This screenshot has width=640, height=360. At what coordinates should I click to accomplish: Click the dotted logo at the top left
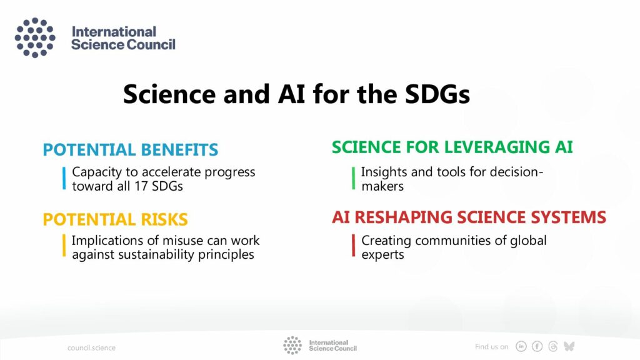tap(35, 37)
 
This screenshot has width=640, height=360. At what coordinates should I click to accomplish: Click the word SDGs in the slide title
tap(437, 94)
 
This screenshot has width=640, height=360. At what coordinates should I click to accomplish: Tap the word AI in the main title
tap(291, 94)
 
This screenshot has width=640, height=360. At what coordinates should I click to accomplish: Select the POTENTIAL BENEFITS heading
tap(131, 150)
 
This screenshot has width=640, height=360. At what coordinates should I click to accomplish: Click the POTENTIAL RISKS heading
tap(115, 219)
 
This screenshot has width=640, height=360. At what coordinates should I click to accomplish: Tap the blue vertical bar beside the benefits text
tap(64, 178)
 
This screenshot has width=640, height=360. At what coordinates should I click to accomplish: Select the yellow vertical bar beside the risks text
tap(64, 245)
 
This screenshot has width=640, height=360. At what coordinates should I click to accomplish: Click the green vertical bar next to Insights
tap(354, 178)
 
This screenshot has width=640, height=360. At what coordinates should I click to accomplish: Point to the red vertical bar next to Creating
tap(354, 245)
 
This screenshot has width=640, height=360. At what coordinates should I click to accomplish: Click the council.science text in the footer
tap(91, 347)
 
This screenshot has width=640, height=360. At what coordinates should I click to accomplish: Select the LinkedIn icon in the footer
tap(521, 346)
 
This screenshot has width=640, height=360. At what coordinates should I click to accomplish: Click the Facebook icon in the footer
tap(537, 346)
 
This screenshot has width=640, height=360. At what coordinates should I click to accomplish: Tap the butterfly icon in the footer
tap(569, 346)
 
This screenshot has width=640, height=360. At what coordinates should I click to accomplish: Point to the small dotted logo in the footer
tap(292, 345)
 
